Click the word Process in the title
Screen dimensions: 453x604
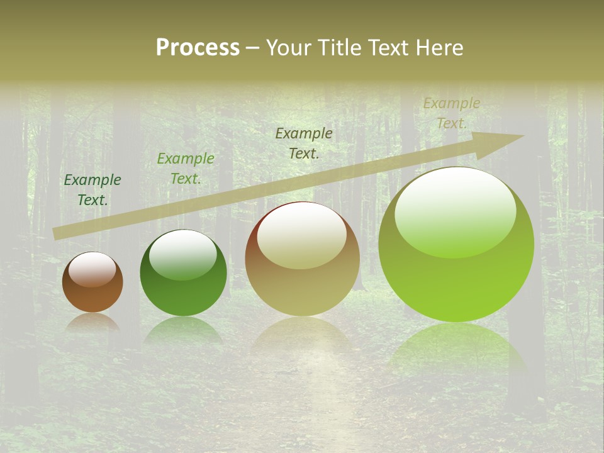pyautogui.click(x=198, y=48)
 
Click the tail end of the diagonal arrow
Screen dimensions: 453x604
pyautogui.click(x=58, y=233)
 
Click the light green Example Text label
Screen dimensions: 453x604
pyautogui.click(x=185, y=169)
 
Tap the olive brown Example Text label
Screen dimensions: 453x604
pyautogui.click(x=304, y=143)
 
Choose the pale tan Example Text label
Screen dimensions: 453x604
pyautogui.click(x=451, y=113)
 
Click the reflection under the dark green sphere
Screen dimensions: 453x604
pyautogui.click(x=183, y=330)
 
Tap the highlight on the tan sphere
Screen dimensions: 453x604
pyautogui.click(x=302, y=237)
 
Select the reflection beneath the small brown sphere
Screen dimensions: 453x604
pyautogui.click(x=92, y=322)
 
